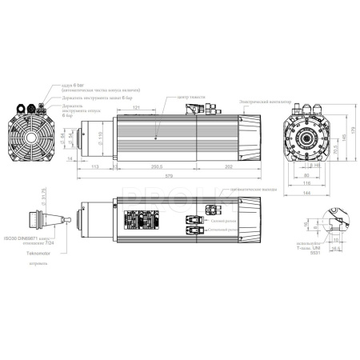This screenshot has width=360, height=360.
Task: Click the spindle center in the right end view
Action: click(x=306, y=140)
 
